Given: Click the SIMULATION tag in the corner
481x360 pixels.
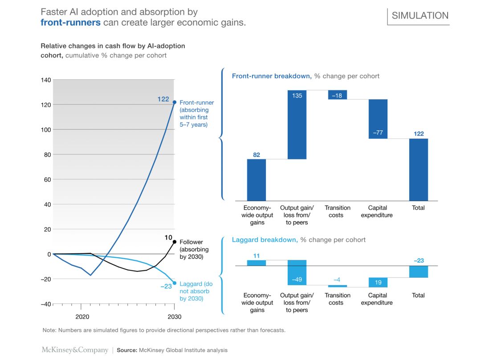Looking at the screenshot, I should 420,16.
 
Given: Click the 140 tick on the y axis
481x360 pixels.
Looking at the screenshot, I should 46,80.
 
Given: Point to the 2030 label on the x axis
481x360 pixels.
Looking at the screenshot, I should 175,316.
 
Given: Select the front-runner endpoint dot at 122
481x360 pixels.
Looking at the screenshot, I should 175,102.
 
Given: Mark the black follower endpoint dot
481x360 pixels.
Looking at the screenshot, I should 175,242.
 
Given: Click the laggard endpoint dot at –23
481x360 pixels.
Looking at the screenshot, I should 175,283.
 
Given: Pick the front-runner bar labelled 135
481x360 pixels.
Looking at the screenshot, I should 297,125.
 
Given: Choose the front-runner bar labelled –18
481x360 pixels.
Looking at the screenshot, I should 338,95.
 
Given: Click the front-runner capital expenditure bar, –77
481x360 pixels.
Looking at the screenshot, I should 378,119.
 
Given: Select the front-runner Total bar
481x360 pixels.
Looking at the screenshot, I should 419,170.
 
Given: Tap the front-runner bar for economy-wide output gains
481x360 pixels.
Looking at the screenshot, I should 257,180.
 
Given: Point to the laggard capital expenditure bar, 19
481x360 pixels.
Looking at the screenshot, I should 378,282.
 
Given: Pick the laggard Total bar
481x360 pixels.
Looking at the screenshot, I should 419,271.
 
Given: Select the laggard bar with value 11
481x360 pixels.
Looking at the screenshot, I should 257,263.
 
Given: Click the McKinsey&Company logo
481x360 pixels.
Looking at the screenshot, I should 75,350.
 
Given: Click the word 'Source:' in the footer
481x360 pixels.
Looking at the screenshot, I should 126,351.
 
